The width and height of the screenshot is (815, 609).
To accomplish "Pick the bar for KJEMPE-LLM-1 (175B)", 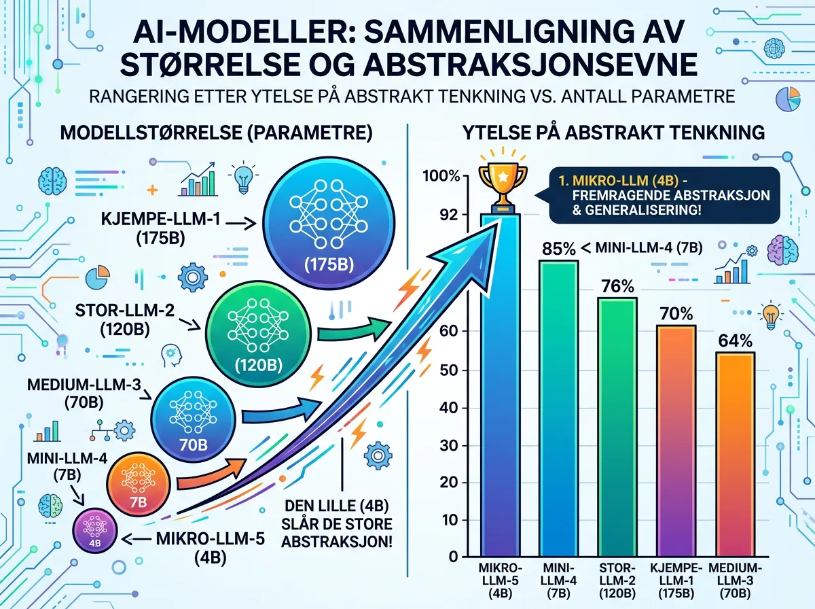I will [x=676, y=442].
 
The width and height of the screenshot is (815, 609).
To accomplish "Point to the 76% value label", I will [x=617, y=286].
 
